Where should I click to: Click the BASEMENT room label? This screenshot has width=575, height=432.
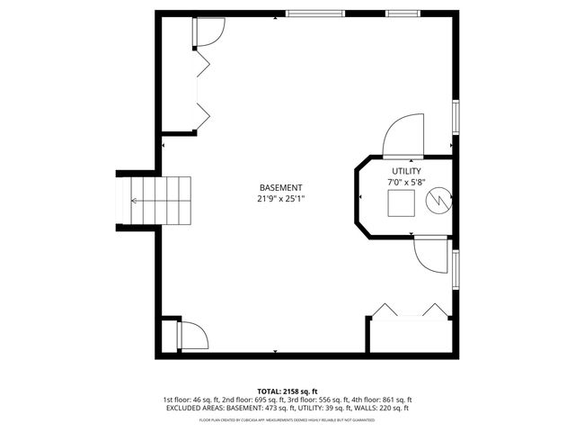click(x=275, y=187)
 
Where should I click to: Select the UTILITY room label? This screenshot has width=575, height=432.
click(x=405, y=171)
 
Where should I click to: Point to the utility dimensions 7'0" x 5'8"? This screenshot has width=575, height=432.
click(x=405, y=182)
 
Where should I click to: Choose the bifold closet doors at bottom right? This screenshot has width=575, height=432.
click(x=411, y=310)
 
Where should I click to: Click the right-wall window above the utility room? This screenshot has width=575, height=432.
click(x=456, y=117)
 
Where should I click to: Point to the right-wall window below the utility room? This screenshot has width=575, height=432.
click(x=456, y=270)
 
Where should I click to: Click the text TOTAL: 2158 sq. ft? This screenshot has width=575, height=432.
click(x=287, y=391)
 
